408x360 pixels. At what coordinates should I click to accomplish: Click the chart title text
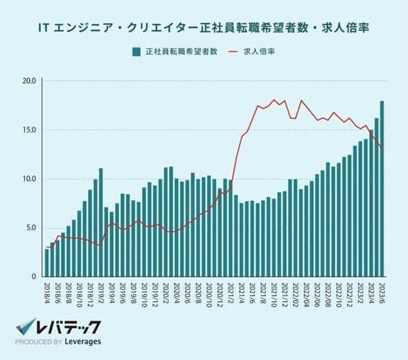pyautogui.click(x=204, y=28)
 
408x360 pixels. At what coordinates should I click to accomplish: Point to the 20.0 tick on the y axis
pyautogui.click(x=28, y=81)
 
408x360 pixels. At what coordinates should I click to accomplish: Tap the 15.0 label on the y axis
pyautogui.click(x=28, y=130)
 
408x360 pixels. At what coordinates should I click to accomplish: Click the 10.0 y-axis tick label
pyautogui.click(x=28, y=179)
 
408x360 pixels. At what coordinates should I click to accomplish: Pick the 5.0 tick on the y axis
pyautogui.click(x=30, y=228)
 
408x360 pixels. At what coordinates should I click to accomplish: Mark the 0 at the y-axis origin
pyautogui.click(x=33, y=277)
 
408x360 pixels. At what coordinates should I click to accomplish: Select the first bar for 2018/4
pyautogui.click(x=47, y=264)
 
